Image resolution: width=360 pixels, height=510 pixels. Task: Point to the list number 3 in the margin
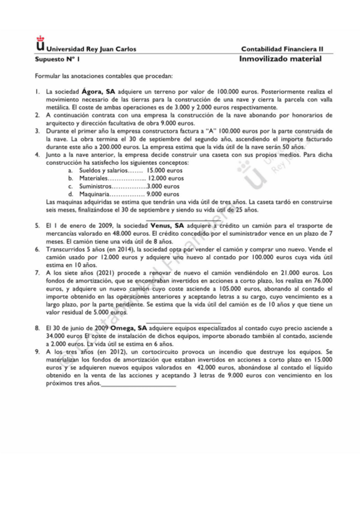36,131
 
